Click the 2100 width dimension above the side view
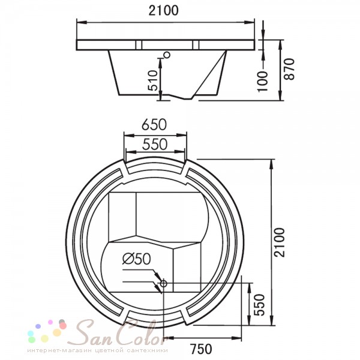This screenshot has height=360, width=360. pos(163,11)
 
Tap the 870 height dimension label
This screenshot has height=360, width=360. pos(289,69)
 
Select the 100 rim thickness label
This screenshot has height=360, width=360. pos(263,82)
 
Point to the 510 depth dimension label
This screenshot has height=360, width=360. pos(152,80)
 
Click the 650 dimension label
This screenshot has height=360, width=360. pos(154,125)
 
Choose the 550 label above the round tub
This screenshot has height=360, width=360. pos(155,145)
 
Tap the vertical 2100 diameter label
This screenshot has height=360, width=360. pos(280,242)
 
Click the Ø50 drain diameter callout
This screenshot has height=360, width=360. pos(137,259)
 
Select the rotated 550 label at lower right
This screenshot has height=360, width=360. pos(260,305)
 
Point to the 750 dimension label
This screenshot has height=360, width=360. pos(201,349)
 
